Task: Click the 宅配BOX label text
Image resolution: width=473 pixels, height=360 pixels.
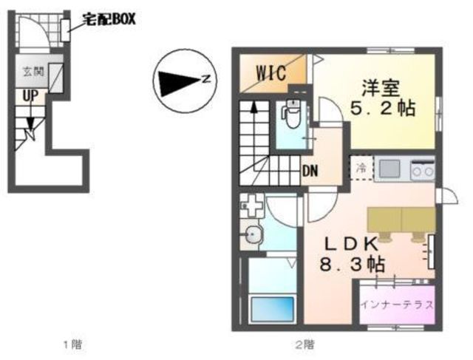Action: click(x=109, y=20)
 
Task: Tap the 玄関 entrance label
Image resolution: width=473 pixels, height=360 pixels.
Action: click(x=33, y=72)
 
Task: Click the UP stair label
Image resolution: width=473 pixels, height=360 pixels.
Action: click(x=30, y=96)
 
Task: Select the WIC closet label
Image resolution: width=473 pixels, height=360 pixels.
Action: click(x=271, y=72)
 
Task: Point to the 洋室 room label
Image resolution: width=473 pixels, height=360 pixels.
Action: click(x=381, y=88)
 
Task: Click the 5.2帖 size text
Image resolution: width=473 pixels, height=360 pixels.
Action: click(x=383, y=108)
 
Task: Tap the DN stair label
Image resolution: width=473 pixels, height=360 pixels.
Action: click(x=310, y=171)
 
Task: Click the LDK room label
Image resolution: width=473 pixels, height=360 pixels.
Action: click(x=351, y=244)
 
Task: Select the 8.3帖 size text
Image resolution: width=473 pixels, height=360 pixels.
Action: click(x=352, y=265)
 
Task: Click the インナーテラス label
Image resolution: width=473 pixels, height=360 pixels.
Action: click(x=397, y=305)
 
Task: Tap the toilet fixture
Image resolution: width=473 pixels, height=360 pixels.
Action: click(x=291, y=115)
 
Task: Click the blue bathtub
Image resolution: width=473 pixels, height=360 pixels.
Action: click(x=273, y=309)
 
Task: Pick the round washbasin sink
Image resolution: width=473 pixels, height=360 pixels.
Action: click(x=253, y=234)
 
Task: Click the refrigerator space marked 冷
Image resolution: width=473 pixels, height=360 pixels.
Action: click(x=361, y=168)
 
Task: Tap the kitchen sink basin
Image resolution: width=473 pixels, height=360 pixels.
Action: click(x=389, y=168)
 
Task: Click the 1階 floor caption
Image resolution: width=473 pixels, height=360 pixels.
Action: click(x=72, y=344)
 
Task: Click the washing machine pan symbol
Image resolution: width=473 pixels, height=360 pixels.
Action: click(x=252, y=206)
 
